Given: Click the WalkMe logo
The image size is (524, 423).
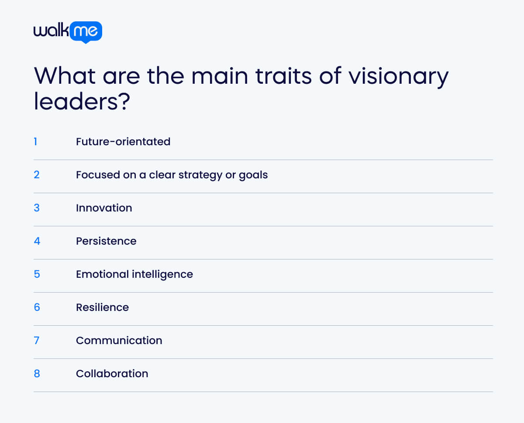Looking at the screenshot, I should (68, 32).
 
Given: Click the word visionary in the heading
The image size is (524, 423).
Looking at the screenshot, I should (398, 76).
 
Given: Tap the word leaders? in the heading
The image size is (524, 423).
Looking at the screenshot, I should (82, 102).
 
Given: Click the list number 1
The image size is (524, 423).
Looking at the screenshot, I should (35, 142).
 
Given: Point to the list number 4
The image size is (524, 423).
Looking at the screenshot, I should (37, 241).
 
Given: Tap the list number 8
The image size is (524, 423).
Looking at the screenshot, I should (37, 374).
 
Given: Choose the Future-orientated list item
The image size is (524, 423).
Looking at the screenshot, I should (123, 142).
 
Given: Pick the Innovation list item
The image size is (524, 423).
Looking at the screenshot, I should (104, 208).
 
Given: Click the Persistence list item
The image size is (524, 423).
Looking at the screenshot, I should (106, 241).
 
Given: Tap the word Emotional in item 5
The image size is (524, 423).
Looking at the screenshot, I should (103, 274).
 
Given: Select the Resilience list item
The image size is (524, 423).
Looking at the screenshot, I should (102, 307).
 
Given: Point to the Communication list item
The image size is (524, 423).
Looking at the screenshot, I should (119, 341).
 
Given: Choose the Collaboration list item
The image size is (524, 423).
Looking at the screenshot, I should (112, 374).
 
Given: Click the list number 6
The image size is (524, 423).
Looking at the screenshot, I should (37, 307).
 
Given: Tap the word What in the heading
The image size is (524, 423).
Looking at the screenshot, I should (65, 76).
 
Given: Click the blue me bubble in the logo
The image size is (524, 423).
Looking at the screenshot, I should (86, 31).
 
